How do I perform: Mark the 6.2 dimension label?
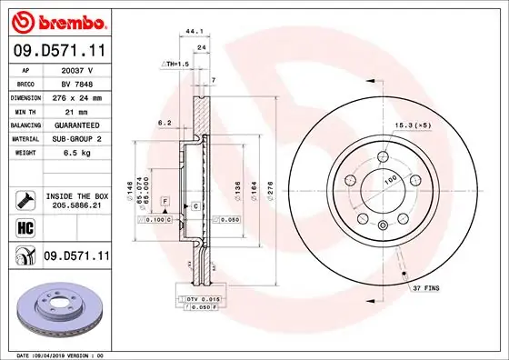[x=165, y=121]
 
